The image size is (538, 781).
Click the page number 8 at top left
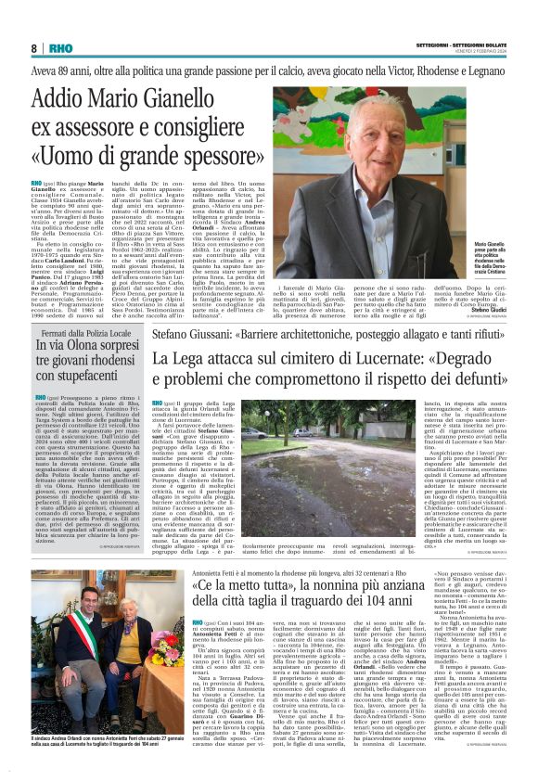coord(33,48)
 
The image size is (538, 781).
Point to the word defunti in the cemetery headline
coord(491,378)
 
